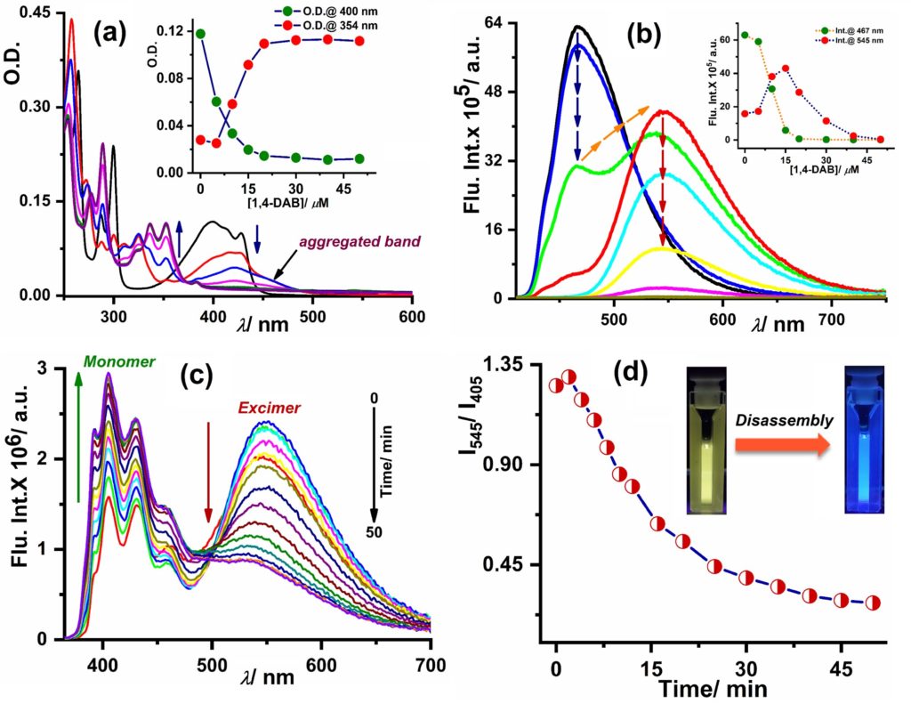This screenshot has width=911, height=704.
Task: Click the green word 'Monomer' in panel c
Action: pos(120,362)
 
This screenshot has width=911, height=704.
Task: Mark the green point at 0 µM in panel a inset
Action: pos(200,34)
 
